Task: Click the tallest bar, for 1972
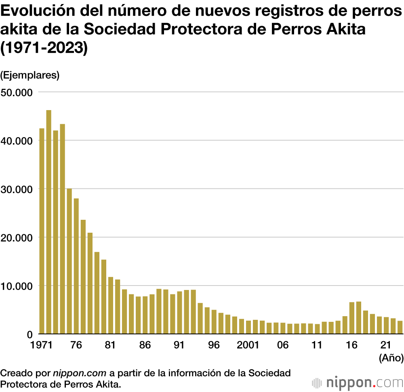(48, 222)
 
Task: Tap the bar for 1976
(76, 266)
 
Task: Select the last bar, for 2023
(400, 327)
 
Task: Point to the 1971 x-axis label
(42, 345)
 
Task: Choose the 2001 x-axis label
(248, 345)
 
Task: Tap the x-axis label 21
(386, 345)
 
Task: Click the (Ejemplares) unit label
(30, 75)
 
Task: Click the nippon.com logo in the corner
(357, 382)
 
